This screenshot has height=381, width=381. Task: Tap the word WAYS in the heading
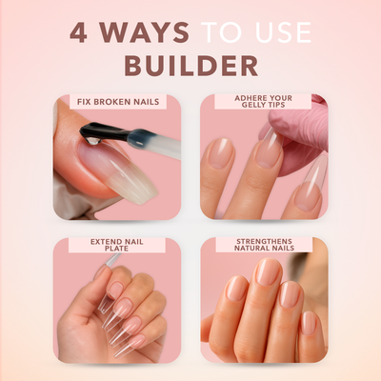point(147,32)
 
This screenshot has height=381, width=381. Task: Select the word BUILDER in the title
point(190,66)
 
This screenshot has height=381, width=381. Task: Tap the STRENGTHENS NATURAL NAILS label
point(264,248)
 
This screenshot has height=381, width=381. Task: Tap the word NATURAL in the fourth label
point(253,252)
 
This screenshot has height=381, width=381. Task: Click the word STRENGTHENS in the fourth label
point(264,243)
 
